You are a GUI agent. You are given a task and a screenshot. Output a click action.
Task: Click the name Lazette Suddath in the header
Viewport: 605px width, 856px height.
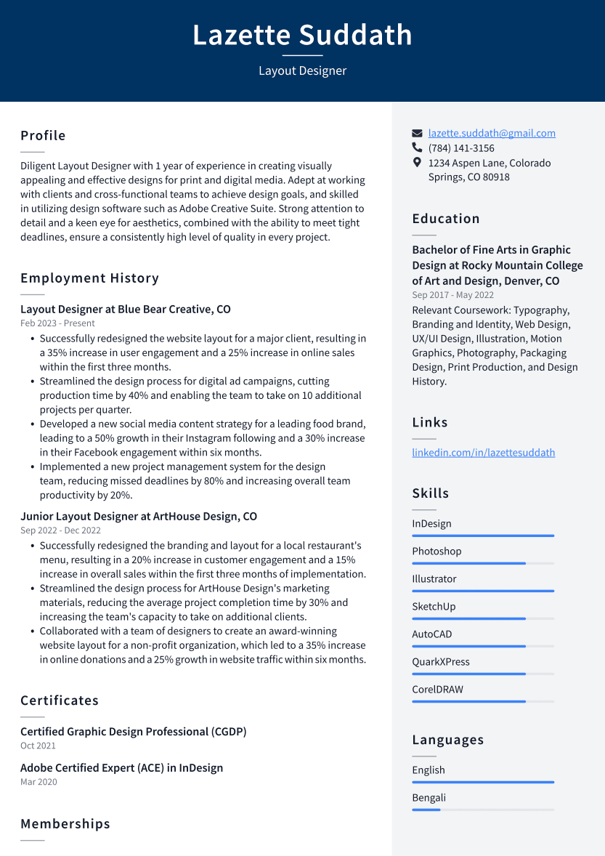302,35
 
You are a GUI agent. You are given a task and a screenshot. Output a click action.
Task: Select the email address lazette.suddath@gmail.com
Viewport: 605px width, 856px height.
492,133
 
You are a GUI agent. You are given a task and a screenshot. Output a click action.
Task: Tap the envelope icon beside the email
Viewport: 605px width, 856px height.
417,134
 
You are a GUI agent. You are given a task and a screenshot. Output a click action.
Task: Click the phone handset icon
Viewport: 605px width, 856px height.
417,148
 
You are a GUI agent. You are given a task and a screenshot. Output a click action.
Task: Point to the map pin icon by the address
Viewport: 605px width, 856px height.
417,163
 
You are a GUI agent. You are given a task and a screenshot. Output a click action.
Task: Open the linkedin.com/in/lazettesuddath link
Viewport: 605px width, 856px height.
483,453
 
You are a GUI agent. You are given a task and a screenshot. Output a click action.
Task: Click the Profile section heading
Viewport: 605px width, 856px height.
43,136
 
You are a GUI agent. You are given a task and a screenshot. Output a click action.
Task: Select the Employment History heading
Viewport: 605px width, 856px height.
89,278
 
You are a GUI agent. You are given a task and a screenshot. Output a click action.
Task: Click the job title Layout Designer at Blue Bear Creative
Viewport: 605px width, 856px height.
126,310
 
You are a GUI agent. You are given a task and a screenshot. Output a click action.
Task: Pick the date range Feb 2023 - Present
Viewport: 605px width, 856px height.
57,323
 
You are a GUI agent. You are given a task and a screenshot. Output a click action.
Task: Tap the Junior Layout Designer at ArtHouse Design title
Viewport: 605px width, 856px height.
139,517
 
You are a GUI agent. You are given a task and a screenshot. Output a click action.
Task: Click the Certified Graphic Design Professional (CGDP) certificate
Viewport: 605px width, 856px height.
134,732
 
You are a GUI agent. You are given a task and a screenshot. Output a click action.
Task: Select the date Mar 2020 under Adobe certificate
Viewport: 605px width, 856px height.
38,782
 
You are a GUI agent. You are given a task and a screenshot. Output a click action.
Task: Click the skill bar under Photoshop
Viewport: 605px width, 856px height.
483,563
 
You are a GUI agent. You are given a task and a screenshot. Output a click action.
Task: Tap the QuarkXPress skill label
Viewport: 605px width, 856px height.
441,662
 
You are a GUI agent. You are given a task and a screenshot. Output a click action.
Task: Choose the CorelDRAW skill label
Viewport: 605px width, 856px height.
437,690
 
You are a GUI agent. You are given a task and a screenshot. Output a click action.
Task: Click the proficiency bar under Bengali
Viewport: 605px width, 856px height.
483,809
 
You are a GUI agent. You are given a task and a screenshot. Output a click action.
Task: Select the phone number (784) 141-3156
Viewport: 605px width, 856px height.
461,148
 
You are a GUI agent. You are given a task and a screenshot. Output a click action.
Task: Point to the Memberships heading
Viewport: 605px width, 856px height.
65,824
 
